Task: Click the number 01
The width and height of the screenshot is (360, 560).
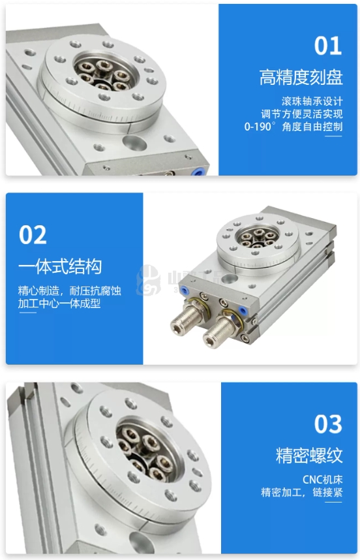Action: click(328, 46)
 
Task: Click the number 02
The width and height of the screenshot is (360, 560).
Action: click(33, 235)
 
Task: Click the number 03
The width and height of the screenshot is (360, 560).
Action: click(328, 424)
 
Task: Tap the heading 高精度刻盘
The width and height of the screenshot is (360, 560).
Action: click(301, 78)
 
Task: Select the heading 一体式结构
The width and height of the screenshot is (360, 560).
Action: click(60, 266)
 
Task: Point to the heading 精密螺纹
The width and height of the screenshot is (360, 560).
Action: click(309, 456)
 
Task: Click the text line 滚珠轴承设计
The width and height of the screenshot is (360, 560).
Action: click(312, 101)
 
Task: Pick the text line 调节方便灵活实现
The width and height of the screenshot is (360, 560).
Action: click(302, 114)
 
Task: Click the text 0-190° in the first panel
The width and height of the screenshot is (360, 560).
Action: click(260, 127)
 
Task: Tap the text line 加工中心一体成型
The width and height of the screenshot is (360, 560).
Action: click(59, 303)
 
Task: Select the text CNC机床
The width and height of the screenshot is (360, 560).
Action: click(323, 479)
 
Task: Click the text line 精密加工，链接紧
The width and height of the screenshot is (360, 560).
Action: click(302, 492)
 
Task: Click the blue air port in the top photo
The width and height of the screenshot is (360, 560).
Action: click(197, 172)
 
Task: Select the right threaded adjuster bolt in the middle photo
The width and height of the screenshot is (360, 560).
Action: click(218, 329)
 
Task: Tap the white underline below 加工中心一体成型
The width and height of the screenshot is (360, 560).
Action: click(27, 313)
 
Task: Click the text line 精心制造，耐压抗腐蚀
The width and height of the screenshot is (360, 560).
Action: click(70, 290)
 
